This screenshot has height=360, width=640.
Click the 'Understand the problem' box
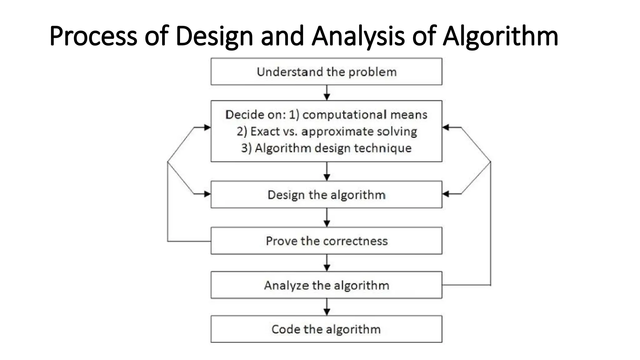click(326, 72)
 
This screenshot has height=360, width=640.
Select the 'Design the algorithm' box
click(326, 195)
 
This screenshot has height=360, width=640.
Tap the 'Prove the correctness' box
click(326, 241)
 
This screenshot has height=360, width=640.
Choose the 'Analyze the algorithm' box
click(326, 285)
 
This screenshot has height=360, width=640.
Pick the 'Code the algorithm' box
click(326, 329)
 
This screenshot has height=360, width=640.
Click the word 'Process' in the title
click(93, 36)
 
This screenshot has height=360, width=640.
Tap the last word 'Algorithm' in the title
click(500, 36)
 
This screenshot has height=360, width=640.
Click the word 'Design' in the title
click(214, 36)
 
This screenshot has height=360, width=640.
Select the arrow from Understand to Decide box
click(327, 93)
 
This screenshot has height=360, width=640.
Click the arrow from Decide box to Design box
click(327, 171)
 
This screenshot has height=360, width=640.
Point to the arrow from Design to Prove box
click(327, 217)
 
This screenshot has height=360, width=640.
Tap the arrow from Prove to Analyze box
click(327, 263)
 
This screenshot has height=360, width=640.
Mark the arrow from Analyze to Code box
click(327, 307)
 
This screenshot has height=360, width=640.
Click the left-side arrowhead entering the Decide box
click(207, 127)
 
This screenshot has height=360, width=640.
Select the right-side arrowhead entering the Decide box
click(446, 127)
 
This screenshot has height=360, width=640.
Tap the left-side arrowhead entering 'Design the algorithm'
click(207, 194)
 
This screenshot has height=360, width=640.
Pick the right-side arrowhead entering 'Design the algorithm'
click(446, 194)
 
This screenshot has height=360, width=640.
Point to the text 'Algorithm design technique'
click(333, 148)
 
